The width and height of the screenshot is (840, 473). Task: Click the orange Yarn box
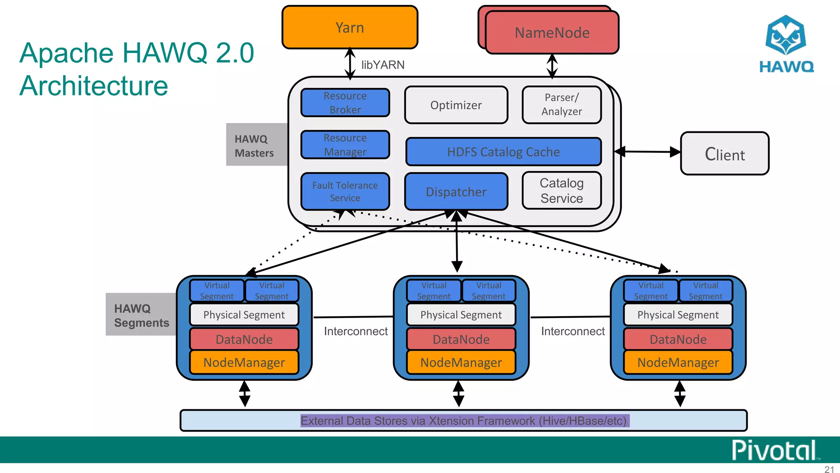tap(349, 28)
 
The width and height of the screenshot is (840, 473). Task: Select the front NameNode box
tap(552, 33)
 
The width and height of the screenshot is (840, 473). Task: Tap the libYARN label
tap(383, 65)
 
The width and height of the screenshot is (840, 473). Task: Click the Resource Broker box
tap(345, 103)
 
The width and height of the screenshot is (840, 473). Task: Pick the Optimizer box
tap(456, 105)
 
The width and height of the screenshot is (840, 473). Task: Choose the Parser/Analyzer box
tap(562, 105)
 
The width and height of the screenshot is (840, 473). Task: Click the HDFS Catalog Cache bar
tap(503, 152)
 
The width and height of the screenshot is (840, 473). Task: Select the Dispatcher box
tap(456, 192)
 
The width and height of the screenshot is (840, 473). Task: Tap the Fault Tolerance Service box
tap(345, 192)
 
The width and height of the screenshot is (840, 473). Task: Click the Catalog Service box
tap(562, 191)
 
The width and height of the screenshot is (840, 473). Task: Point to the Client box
tap(724, 154)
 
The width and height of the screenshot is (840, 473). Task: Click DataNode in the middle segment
tap(461, 340)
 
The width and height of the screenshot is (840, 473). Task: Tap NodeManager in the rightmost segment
tap(678, 363)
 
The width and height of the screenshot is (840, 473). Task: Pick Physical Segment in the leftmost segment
tap(244, 315)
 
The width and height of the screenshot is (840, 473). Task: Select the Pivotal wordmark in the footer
tap(774, 450)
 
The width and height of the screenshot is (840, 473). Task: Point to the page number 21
tap(829, 469)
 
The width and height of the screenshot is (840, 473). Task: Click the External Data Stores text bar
tap(463, 421)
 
